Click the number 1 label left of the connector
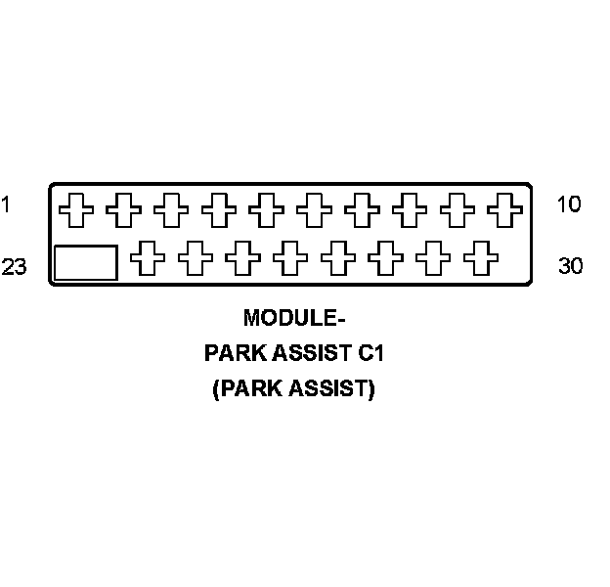[x=6, y=204]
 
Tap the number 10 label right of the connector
[x=569, y=204]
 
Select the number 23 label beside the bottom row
[x=14, y=266]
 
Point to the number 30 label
[x=571, y=266]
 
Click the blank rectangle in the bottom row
[x=85, y=262]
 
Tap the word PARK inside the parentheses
[x=246, y=388]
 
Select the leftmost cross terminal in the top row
[x=75, y=208]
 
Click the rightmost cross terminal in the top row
[x=505, y=208]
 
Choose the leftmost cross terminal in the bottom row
[x=148, y=259]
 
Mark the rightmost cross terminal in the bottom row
[x=480, y=259]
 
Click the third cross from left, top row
[x=171, y=208]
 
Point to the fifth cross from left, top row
[x=266, y=208]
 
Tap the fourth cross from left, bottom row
[x=290, y=259]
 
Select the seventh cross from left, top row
[x=362, y=208]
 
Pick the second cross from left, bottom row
[x=196, y=259]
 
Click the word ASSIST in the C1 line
[x=306, y=353]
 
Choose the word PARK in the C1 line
[x=234, y=353]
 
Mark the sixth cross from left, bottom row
[x=385, y=259]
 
